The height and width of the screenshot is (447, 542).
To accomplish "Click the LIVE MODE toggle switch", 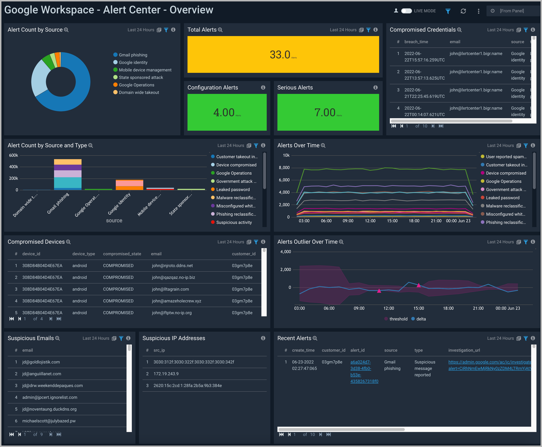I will coord(406,11).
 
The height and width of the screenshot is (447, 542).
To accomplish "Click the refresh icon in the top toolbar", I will coord(463,11).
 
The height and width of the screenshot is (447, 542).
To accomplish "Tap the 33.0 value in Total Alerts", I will coord(280,55).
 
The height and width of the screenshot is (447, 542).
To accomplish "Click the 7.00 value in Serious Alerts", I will coord(325,112).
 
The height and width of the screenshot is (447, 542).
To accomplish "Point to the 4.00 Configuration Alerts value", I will coord(224,112).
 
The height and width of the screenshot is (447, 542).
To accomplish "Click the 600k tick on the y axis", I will coord(13,155).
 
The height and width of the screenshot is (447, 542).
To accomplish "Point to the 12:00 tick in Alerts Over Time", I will coord(370,221).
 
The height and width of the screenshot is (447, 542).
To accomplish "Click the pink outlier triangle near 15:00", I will coord(419,285).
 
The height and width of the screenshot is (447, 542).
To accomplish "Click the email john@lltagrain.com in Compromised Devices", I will coord(170,289).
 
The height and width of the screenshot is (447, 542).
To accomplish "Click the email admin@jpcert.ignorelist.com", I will coord(50,397).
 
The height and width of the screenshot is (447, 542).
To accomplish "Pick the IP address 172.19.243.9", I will coord(166,374).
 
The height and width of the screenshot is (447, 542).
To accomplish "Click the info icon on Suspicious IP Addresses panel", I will coord(263,338).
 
